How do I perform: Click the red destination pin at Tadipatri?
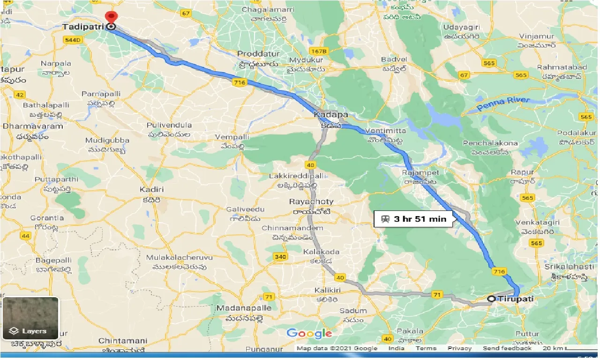point(111,17)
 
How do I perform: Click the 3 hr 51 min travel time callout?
point(413,219)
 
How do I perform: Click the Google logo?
point(309,333)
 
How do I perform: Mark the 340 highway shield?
point(280,257)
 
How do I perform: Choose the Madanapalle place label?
point(244,308)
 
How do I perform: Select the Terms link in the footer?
point(425,348)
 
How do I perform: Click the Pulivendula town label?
point(169,126)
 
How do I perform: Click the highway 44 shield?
point(26,236)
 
